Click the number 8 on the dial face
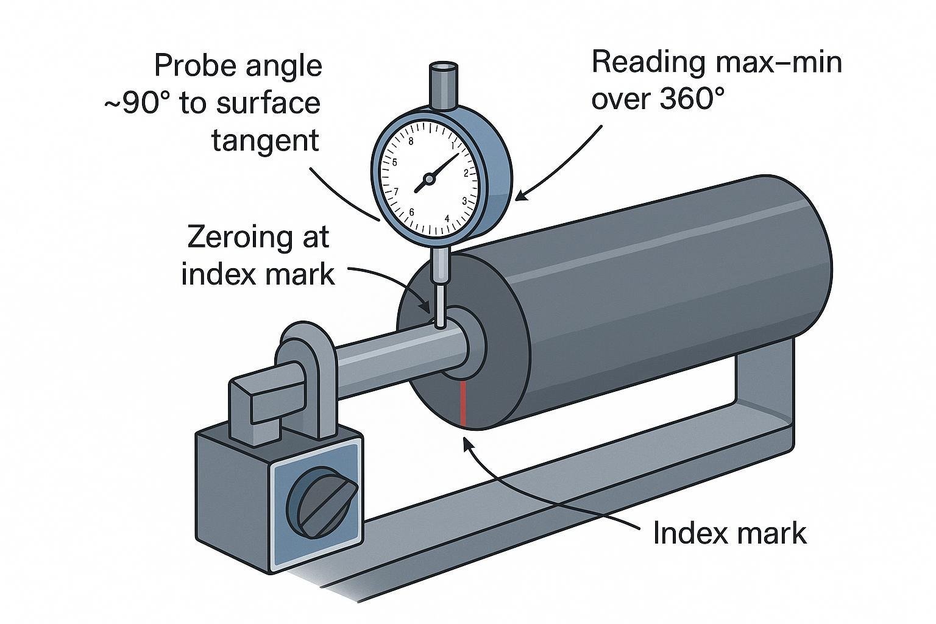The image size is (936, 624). point(411,141)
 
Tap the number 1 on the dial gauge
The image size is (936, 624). point(452,145)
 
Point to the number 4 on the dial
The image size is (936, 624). point(447,218)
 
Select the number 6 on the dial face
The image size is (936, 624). point(412,212)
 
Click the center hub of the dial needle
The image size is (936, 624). point(429,179)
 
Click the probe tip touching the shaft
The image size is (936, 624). point(440,324)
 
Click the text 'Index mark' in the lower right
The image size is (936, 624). point(729,534)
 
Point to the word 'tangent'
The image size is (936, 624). point(265,141)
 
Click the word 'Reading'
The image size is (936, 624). point(648,63)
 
